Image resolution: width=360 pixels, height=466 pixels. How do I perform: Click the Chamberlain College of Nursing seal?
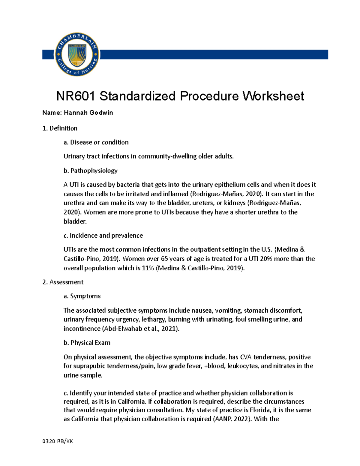[x=77, y=54]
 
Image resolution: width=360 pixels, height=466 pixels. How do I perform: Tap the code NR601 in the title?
[x=76, y=96]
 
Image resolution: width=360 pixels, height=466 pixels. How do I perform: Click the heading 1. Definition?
[x=60, y=128]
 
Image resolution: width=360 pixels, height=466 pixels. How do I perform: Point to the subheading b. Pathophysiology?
[x=90, y=171]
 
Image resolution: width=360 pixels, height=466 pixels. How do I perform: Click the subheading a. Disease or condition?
[x=96, y=142]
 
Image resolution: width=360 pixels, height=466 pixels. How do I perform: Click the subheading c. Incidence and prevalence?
[x=103, y=236]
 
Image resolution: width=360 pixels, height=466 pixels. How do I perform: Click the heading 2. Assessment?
[x=63, y=282]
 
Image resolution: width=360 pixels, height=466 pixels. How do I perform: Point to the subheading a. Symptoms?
[x=82, y=296]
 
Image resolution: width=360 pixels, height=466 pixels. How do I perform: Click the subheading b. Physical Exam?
[x=87, y=343]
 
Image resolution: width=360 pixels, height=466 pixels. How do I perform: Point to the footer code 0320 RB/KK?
[x=58, y=441]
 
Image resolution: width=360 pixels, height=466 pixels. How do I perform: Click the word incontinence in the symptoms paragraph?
[x=82, y=329]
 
